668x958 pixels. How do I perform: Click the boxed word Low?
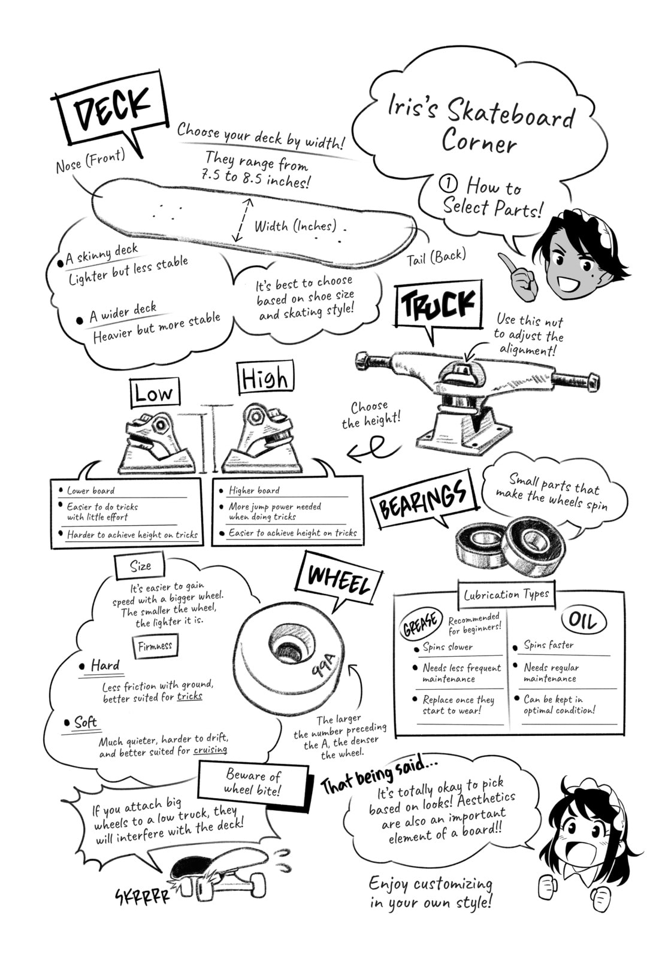point(155,393)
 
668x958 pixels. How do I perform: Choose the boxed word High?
point(265,378)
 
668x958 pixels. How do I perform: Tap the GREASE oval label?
point(421,624)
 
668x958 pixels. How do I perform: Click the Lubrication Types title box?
point(507,594)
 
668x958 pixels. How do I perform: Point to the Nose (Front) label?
point(90,160)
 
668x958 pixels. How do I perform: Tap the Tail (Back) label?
point(436,257)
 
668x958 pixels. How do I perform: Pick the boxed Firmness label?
point(155,645)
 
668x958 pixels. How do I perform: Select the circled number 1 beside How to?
point(449,184)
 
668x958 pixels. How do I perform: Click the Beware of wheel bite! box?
point(253,782)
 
